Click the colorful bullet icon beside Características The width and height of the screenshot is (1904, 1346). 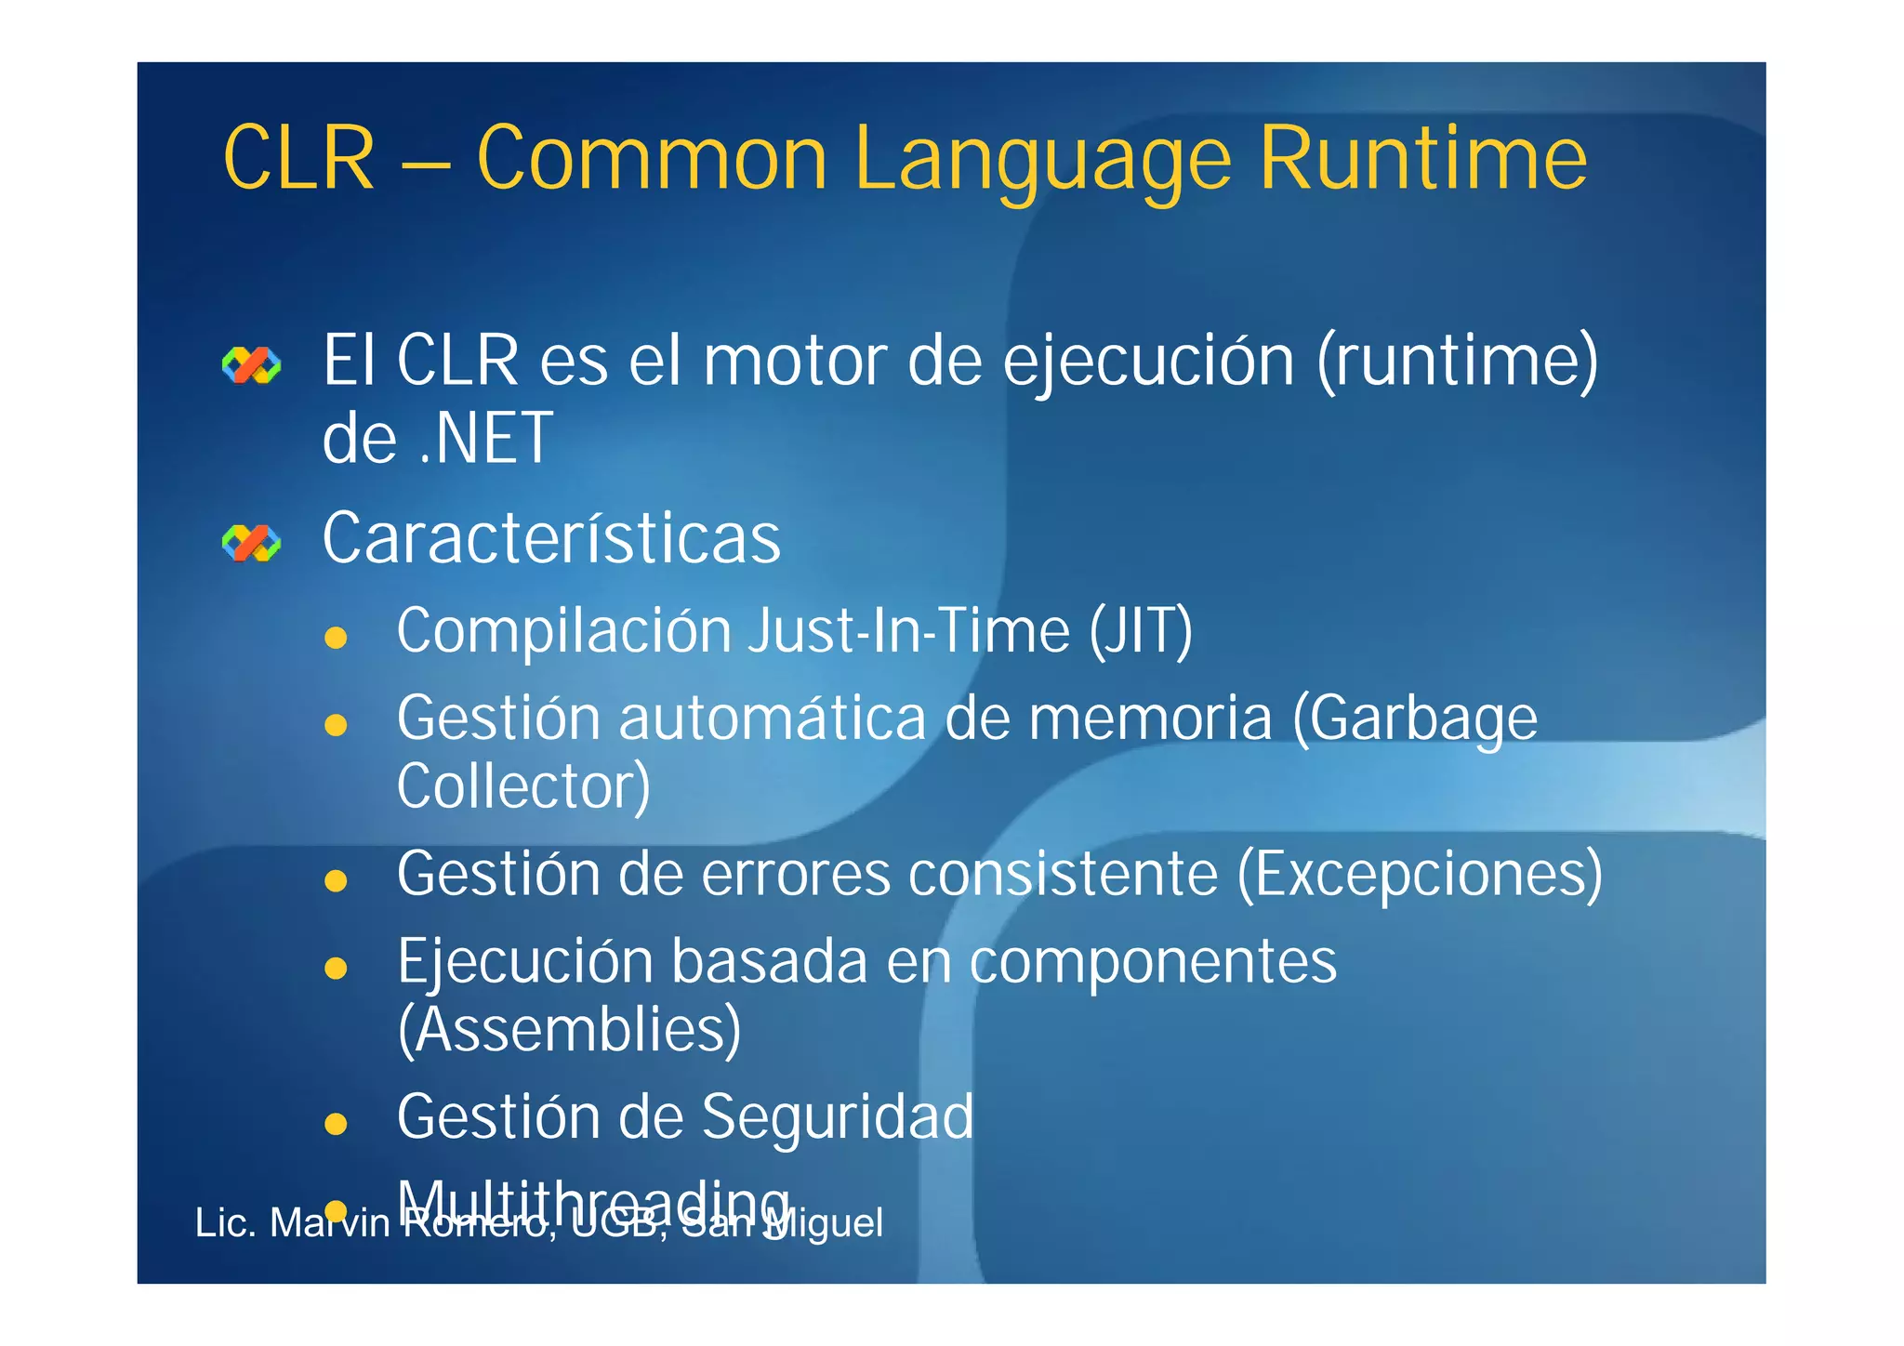click(251, 543)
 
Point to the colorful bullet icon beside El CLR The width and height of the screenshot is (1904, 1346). click(251, 365)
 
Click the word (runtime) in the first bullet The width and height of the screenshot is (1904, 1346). click(1457, 362)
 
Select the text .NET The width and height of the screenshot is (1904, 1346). click(486, 439)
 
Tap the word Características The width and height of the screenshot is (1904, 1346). click(551, 539)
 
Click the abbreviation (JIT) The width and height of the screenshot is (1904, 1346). click(1141, 632)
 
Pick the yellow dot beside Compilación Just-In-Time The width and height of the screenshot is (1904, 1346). click(336, 638)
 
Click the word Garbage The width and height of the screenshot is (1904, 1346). click(1415, 719)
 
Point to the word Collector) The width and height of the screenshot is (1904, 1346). click(523, 786)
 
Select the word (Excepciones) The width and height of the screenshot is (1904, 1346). click(1420, 875)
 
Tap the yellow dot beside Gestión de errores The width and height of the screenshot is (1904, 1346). click(336, 880)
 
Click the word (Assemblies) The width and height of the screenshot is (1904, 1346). click(569, 1030)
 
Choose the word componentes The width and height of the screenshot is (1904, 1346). click(1153, 961)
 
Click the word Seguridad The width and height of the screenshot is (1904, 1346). click(838, 1116)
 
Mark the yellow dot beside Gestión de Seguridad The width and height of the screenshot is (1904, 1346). click(336, 1125)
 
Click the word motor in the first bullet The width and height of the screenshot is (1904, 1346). click(795, 362)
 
